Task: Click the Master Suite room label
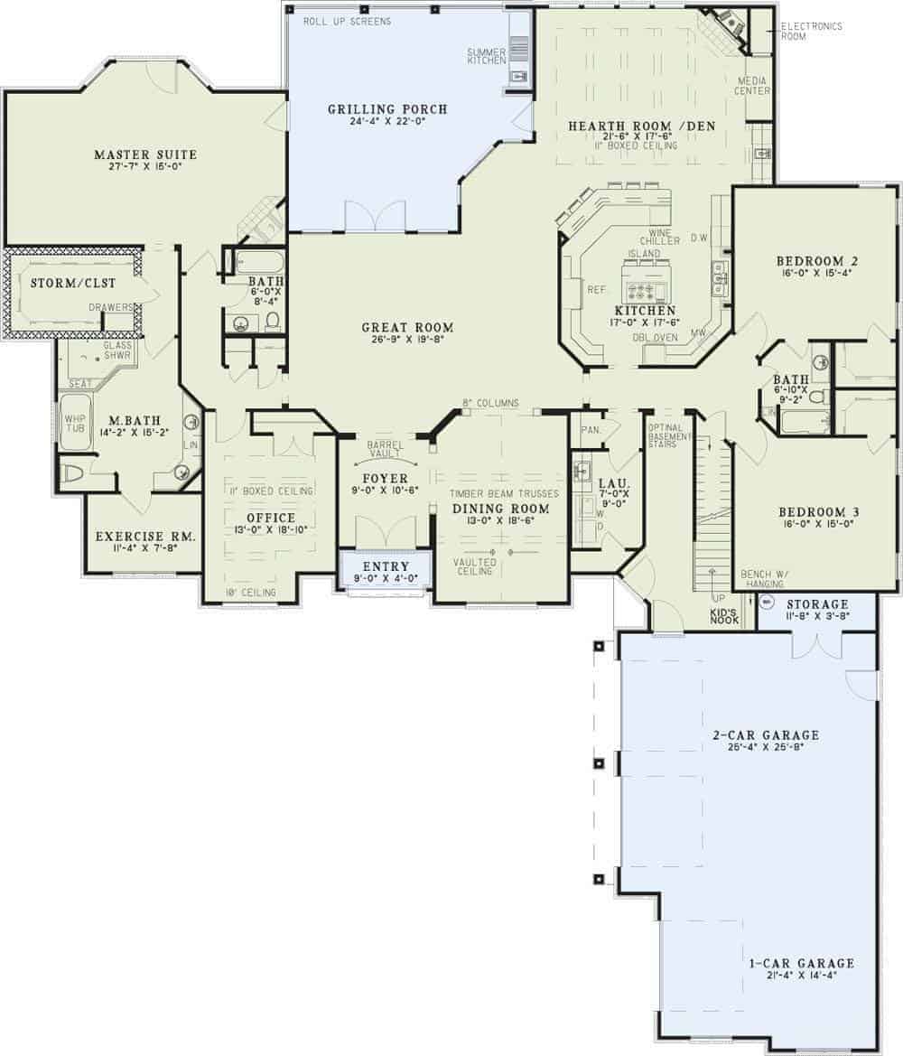(145, 155)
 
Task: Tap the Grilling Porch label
(387, 110)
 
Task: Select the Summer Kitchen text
(487, 55)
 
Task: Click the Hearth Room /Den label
(640, 126)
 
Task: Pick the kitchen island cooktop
(646, 291)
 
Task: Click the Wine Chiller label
(653, 237)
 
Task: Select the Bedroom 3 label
(818, 512)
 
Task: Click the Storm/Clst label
(65, 284)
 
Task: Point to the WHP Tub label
(73, 425)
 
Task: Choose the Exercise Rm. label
(145, 537)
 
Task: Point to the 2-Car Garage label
(765, 734)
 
